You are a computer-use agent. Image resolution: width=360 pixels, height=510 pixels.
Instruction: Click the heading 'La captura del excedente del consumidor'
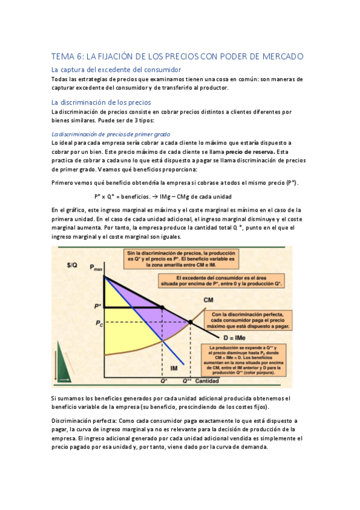point(102,70)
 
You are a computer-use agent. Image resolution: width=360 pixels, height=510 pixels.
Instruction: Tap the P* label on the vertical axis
point(98,307)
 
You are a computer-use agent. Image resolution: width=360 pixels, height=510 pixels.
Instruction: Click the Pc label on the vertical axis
point(98,322)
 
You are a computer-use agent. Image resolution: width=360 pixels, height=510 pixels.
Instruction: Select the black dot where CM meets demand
point(191,322)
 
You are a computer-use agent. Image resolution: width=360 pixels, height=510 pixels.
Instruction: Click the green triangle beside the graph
point(63,360)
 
